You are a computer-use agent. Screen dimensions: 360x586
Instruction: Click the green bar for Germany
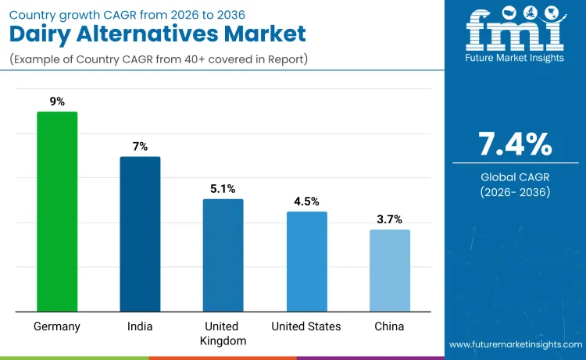[x=57, y=212]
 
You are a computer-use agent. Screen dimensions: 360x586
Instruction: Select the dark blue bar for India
[x=140, y=234]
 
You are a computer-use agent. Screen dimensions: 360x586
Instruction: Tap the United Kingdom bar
[x=223, y=255]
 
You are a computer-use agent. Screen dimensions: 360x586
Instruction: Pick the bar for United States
[x=306, y=262]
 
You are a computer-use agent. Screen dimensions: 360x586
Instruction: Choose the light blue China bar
[x=389, y=270]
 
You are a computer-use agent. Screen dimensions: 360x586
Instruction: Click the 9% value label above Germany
[x=57, y=102]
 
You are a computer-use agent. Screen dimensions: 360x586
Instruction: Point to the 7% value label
[x=140, y=146]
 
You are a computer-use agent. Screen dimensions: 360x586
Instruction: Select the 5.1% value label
[x=223, y=188]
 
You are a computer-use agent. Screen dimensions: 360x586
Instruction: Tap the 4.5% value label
[x=306, y=201]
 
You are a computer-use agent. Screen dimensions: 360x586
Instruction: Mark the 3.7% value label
[x=389, y=219]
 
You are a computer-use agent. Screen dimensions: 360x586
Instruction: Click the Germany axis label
[x=57, y=326]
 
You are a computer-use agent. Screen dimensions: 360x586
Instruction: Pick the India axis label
[x=140, y=326]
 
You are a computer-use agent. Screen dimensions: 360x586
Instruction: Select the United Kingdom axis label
[x=223, y=333]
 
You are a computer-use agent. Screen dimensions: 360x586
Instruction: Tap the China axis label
[x=389, y=326]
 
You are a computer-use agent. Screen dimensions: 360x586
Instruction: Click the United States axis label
[x=306, y=326]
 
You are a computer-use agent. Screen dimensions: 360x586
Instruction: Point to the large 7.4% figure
[x=515, y=144]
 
